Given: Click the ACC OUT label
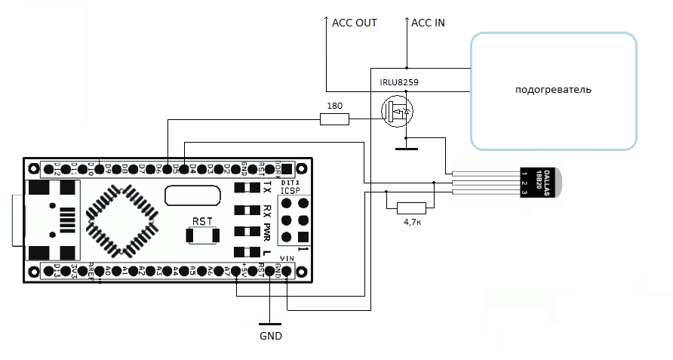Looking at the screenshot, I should (x=354, y=23).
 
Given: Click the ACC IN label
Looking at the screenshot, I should (x=428, y=23).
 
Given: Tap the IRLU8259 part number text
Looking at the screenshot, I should (x=399, y=82).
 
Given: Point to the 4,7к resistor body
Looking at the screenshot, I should (x=410, y=208).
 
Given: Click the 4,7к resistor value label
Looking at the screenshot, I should (x=410, y=223).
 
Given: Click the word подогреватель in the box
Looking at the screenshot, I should (x=553, y=90).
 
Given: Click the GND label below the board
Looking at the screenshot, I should (x=270, y=336).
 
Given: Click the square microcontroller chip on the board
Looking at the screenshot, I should (x=113, y=212).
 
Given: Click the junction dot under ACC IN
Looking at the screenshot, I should (x=407, y=66).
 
